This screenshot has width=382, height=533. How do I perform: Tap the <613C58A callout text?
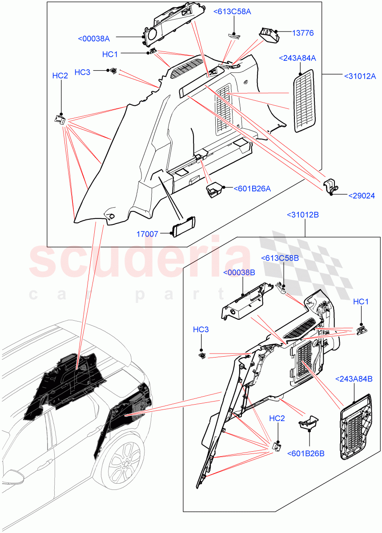click(x=232, y=12)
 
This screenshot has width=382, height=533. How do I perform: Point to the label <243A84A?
click(x=298, y=58)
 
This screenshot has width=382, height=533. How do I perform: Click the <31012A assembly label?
click(x=361, y=76)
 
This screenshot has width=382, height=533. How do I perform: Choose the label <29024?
click(x=361, y=195)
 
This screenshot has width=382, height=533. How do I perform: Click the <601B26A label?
click(x=252, y=189)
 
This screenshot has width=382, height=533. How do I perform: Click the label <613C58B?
click(x=280, y=258)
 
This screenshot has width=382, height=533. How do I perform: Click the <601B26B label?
click(x=306, y=453)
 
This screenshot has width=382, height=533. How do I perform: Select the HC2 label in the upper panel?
click(x=60, y=76)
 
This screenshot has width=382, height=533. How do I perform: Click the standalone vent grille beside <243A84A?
click(x=305, y=101)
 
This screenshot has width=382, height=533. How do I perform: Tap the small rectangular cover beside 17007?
click(x=184, y=227)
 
